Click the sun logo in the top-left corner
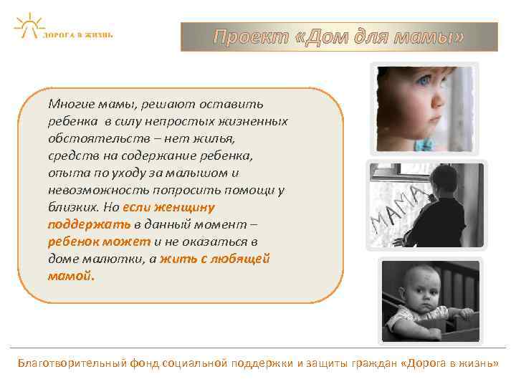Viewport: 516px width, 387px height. [x=28, y=25]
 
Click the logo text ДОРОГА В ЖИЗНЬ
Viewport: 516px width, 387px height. [x=77, y=34]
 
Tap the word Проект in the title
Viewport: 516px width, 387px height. [x=250, y=37]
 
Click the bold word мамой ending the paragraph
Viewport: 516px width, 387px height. [x=70, y=275]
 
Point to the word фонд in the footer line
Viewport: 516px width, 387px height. [x=146, y=363]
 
